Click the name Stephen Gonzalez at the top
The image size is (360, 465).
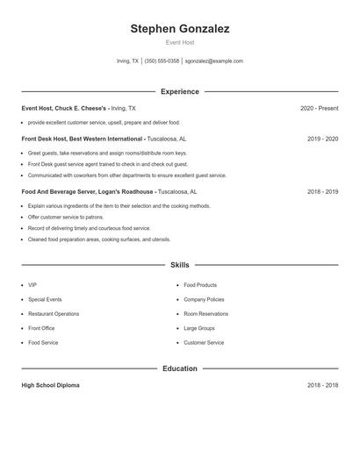point(180,29)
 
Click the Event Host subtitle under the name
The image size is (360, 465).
point(180,43)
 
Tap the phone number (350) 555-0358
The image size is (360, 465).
point(162,61)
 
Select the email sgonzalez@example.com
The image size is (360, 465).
point(214,61)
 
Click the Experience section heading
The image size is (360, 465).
point(180,91)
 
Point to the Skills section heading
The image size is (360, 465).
point(180,264)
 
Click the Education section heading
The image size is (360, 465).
point(180,368)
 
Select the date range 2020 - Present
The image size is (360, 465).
point(319,109)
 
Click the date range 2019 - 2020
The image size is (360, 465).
point(323,139)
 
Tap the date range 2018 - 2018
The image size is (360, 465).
point(323,385)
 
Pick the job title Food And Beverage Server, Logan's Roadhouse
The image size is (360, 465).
point(88,191)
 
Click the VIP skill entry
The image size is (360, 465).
point(32,285)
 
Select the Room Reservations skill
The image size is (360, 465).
point(205,314)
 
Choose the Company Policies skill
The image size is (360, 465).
point(205,299)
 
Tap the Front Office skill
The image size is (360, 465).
point(41,328)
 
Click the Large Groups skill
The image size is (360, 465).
point(199,328)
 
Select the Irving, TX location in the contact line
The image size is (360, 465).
point(127,61)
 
